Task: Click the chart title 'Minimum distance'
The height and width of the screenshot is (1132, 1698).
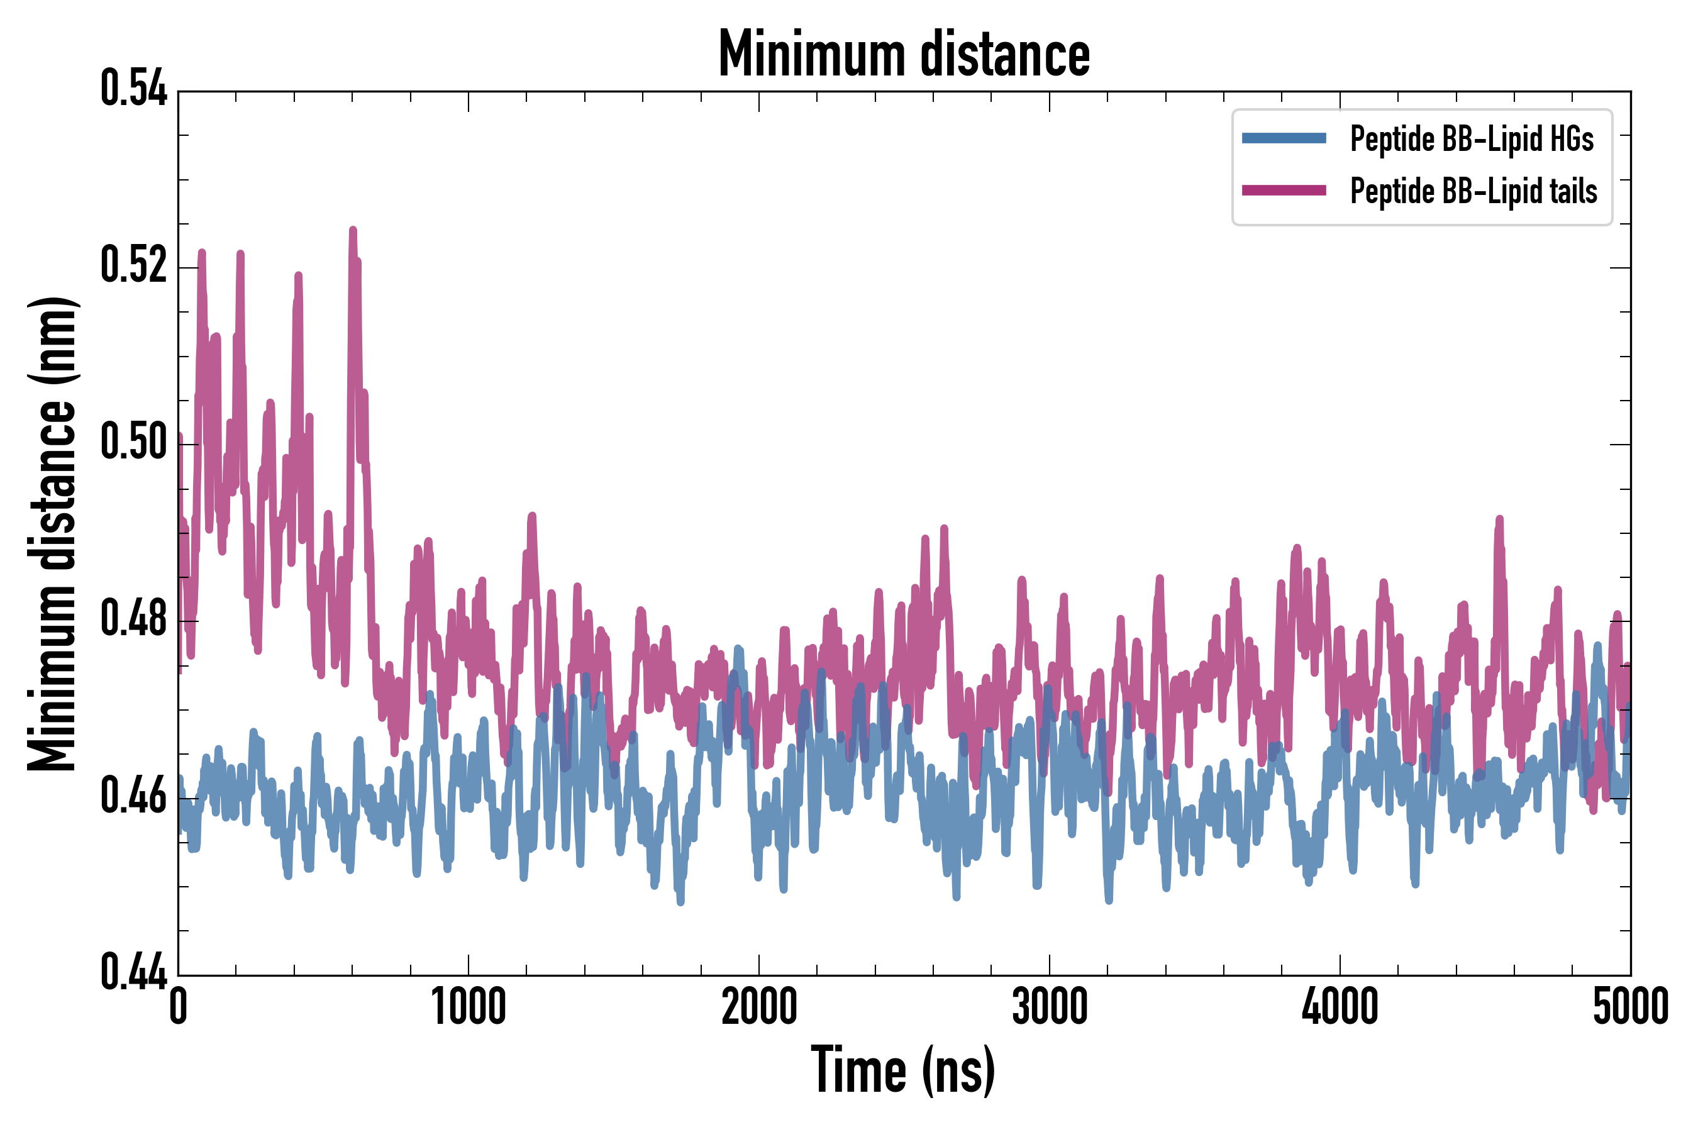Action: pos(904,54)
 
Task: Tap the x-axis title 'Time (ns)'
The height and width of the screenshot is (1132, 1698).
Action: pos(903,1070)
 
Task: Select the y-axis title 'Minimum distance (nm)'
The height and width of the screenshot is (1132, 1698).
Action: pos(52,534)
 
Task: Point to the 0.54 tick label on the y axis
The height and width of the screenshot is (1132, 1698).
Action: pos(133,89)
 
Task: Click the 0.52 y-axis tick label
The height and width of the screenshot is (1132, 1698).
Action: pos(133,265)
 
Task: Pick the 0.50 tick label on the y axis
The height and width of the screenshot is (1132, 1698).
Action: pos(133,443)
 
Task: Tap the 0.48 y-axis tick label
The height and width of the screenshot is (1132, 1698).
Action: pos(133,619)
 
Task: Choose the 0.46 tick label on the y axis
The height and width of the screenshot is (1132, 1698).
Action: pos(133,796)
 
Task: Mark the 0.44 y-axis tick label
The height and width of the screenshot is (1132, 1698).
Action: pos(133,972)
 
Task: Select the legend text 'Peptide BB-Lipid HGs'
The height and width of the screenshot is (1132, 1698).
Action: pos(1472,138)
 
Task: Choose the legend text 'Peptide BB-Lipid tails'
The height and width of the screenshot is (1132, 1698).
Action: pos(1473,191)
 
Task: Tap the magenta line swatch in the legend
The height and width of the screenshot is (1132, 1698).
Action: pos(1284,191)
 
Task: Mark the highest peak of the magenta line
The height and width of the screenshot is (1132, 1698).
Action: pos(353,231)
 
